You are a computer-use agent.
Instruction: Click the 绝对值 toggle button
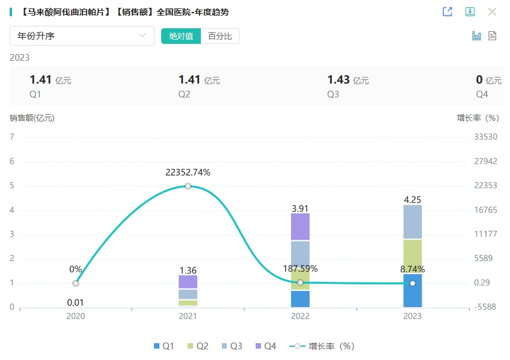pyautogui.click(x=181, y=36)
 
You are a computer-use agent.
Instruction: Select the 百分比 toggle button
pyautogui.click(x=220, y=36)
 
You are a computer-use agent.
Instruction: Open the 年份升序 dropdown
pyautogui.click(x=82, y=36)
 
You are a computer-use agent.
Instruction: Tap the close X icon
pyautogui.click(x=492, y=12)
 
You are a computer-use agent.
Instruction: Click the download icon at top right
pyautogui.click(x=470, y=12)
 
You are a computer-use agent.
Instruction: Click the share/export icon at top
pyautogui.click(x=447, y=12)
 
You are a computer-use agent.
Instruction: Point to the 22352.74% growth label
pyautogui.click(x=188, y=172)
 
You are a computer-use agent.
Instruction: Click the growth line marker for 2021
pyautogui.click(x=188, y=186)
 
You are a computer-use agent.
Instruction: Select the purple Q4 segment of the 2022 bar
pyautogui.click(x=300, y=227)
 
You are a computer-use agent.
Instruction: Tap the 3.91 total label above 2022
pyautogui.click(x=300, y=209)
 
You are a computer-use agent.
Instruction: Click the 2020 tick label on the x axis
pyautogui.click(x=75, y=316)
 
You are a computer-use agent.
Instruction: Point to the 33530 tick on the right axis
pyautogui.click(x=485, y=137)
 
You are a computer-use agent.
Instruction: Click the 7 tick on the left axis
pyautogui.click(x=12, y=137)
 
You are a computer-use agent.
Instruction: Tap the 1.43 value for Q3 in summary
pyautogui.click(x=338, y=80)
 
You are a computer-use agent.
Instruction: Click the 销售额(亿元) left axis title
pyautogui.click(x=32, y=118)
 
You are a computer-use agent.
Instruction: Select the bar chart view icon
pyautogui.click(x=476, y=36)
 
